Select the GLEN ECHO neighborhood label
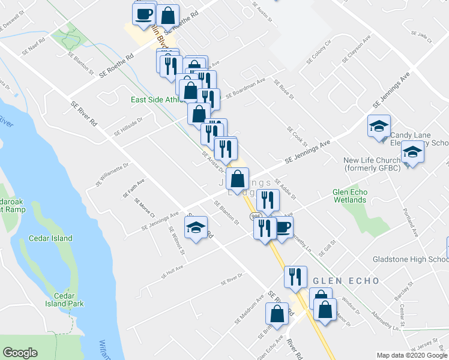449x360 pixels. click(x=345, y=281)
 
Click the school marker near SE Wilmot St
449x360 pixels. click(x=195, y=228)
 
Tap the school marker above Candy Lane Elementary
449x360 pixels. click(x=379, y=127)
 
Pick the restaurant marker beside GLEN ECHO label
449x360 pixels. click(x=295, y=277)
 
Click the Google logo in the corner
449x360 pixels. click(x=20, y=353)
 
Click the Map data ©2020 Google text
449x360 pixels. click(x=412, y=355)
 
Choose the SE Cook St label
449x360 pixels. click(x=297, y=137)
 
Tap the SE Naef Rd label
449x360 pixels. click(x=33, y=52)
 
